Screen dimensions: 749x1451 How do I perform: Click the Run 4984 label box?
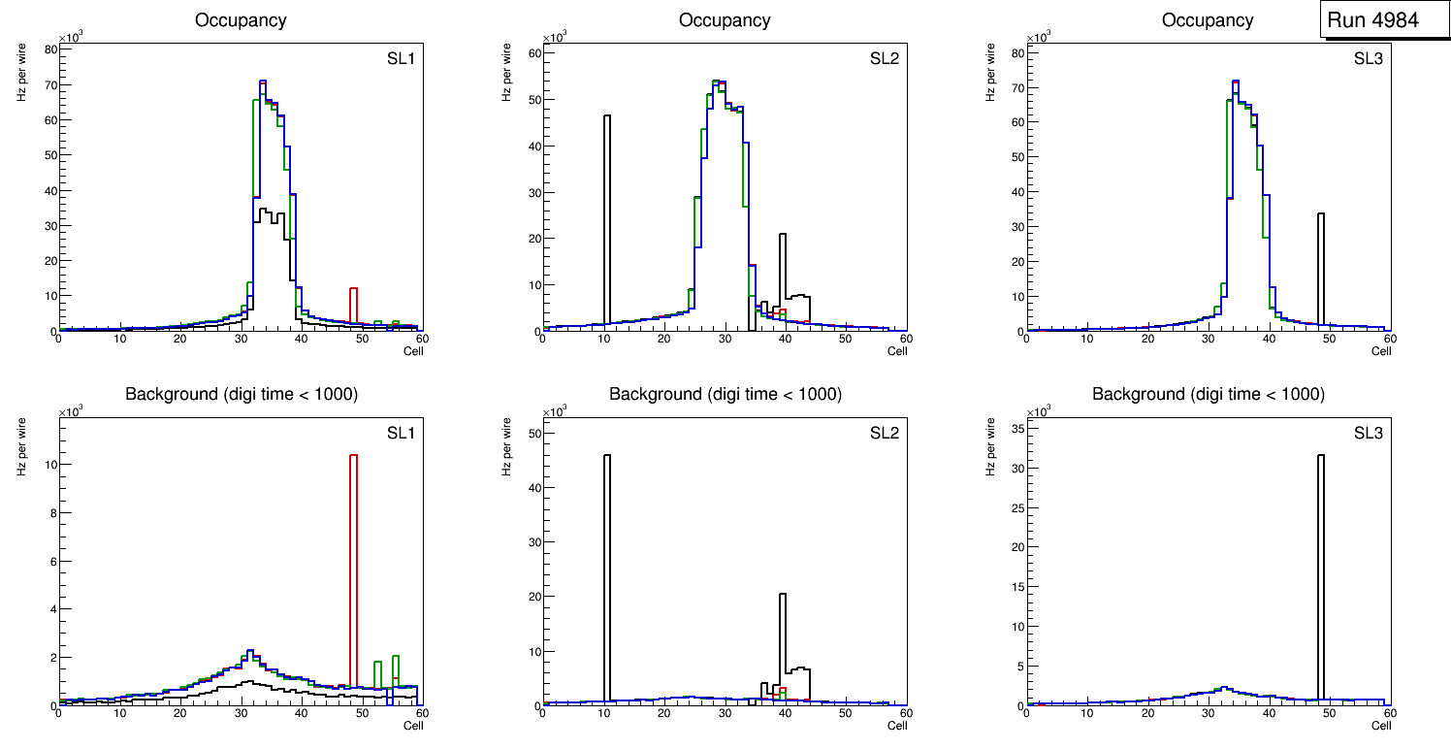(x=1384, y=20)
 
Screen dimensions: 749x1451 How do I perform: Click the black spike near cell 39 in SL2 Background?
(x=783, y=640)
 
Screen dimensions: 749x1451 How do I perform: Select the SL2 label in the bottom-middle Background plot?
(x=885, y=433)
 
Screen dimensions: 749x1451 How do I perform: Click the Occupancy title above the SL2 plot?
(x=725, y=20)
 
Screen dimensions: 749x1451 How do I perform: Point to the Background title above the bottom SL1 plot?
(x=242, y=394)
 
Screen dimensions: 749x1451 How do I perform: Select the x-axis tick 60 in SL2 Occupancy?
(x=905, y=340)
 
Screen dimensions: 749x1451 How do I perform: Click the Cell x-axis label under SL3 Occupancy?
(x=1381, y=351)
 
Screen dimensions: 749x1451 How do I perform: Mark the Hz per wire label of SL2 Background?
(x=506, y=445)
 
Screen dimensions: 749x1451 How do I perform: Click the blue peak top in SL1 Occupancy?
(x=263, y=81)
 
